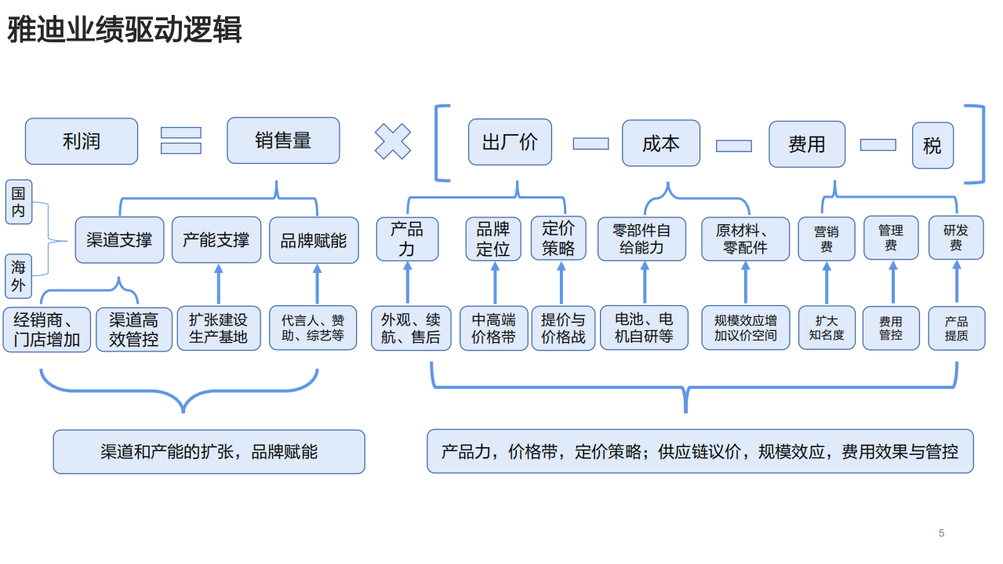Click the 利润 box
point(82,141)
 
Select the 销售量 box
point(283,140)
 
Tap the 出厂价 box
point(510,142)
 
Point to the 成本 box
point(660,143)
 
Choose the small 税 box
point(932,145)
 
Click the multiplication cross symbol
point(392,142)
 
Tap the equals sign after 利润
point(181,140)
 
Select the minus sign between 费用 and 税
point(878,144)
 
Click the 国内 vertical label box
point(19,202)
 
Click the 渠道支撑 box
point(119,240)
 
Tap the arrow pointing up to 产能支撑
point(218,284)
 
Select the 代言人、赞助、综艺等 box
point(312,328)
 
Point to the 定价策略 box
point(558,238)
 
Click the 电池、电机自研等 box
point(644,328)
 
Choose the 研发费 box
point(956,238)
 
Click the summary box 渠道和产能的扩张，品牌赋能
point(209,452)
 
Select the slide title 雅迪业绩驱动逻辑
point(125,31)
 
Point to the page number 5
point(941,533)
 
